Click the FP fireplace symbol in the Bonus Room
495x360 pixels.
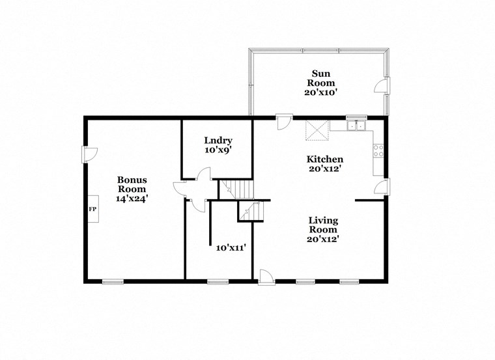(x=92, y=209)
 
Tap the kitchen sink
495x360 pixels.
(x=356, y=126)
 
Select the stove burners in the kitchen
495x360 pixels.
(x=378, y=150)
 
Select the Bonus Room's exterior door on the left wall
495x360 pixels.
(x=89, y=154)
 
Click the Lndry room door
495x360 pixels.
(x=204, y=174)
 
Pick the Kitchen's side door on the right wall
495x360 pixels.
(x=382, y=187)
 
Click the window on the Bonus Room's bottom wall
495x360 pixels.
(x=113, y=281)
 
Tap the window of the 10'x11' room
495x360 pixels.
(x=218, y=281)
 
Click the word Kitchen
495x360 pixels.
(x=325, y=159)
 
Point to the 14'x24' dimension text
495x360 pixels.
(x=132, y=199)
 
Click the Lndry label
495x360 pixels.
(x=218, y=141)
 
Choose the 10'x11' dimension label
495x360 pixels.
(x=231, y=247)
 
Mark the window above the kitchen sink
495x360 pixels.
(x=356, y=117)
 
